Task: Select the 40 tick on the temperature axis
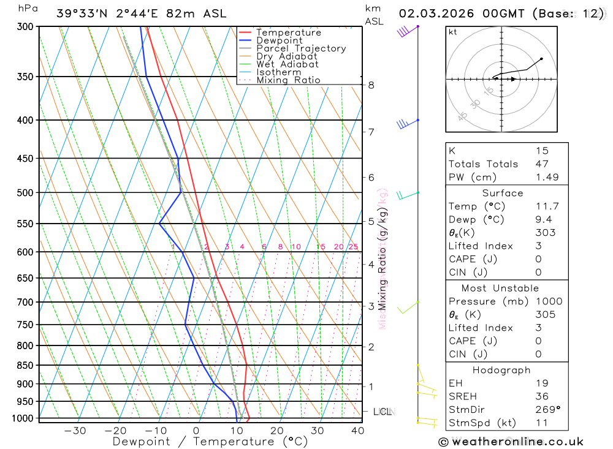357,431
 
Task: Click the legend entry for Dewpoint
279,40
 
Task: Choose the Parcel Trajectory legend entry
301,48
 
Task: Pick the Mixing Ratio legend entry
288,80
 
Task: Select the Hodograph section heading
502,371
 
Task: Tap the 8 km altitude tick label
371,85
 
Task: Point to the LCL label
382,412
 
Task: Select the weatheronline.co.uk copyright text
511,442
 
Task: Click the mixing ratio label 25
353,247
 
